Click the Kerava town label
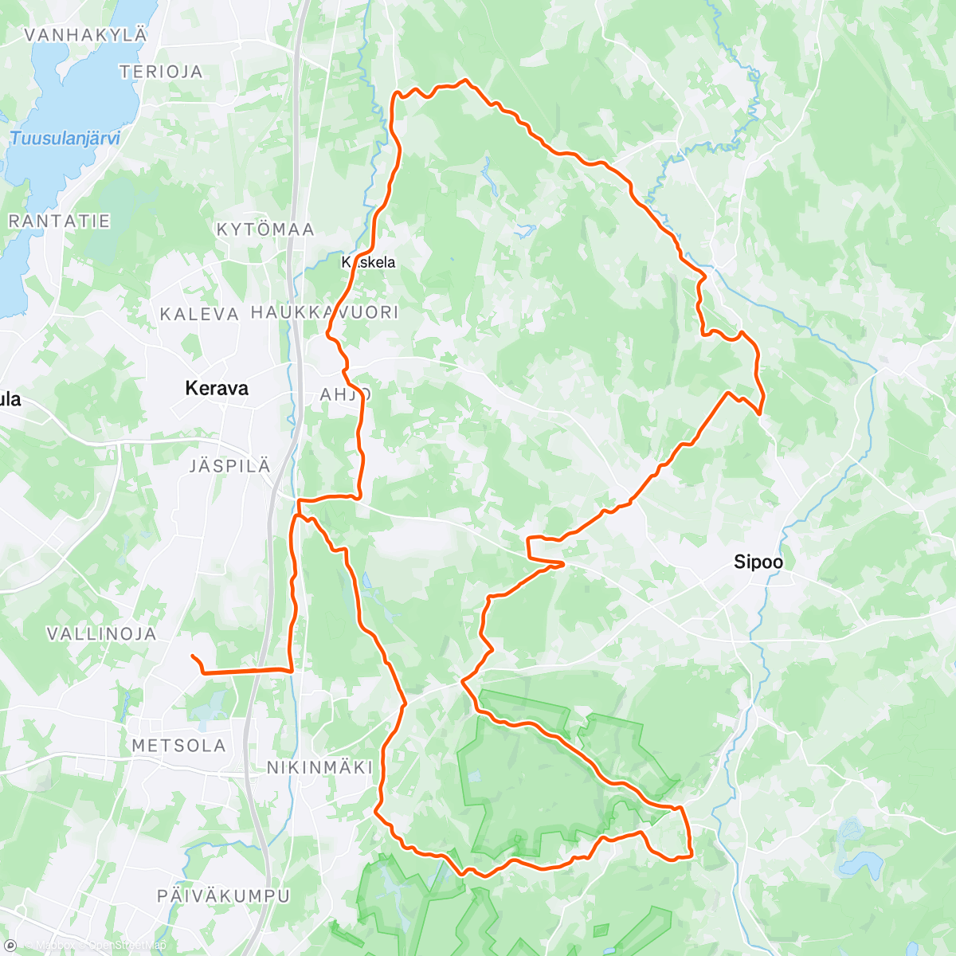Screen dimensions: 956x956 [x=217, y=389]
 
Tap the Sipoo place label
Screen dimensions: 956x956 [x=758, y=562]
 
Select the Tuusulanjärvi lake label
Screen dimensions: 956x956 [x=65, y=139]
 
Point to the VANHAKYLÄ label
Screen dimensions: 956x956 [x=86, y=35]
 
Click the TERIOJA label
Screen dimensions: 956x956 [x=161, y=72]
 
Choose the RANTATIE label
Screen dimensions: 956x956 [x=59, y=221]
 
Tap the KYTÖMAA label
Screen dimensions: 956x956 [x=266, y=229]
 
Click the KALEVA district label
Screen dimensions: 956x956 [x=199, y=315]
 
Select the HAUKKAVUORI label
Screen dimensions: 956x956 [x=324, y=312]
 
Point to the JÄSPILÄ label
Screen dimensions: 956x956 [x=230, y=467]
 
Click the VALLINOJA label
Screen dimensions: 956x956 [x=102, y=635]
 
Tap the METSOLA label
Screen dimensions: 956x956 [x=178, y=746]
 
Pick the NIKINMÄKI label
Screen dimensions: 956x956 [x=319, y=768]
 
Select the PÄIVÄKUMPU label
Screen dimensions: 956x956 [x=224, y=896]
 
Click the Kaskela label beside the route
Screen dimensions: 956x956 [x=368, y=262]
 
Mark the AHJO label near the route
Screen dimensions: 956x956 [x=345, y=394]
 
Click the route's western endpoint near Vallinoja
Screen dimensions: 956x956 [x=193, y=656]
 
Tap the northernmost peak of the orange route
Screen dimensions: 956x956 [x=465, y=80]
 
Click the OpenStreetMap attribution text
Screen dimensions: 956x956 [x=127, y=946]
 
